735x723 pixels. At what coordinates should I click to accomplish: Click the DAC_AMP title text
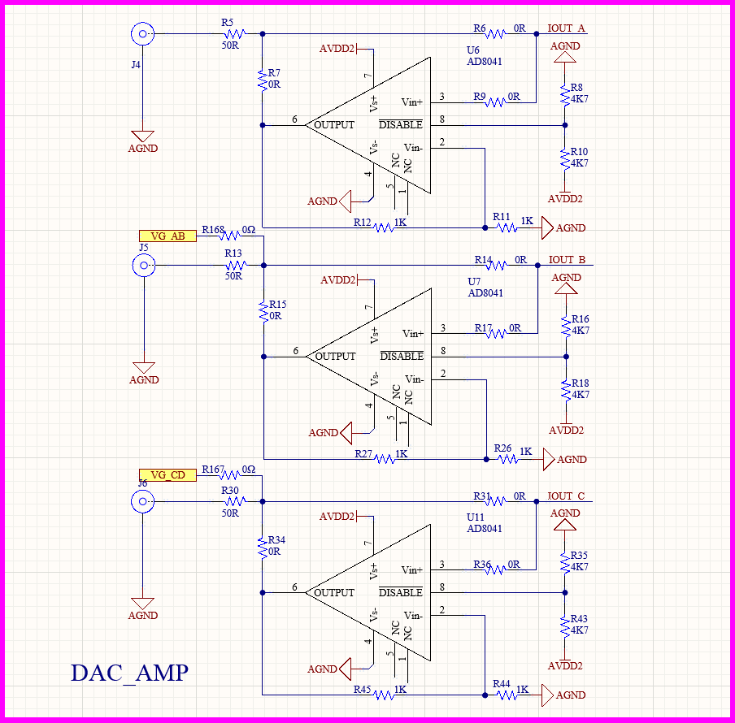pyautogui.click(x=129, y=673)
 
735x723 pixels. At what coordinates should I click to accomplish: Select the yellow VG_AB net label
pyautogui.click(x=167, y=236)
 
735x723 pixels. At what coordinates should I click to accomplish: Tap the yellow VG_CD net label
pyautogui.click(x=167, y=475)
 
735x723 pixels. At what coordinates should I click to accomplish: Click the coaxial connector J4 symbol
pyautogui.click(x=142, y=34)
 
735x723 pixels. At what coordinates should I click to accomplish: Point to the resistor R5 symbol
pyautogui.click(x=234, y=34)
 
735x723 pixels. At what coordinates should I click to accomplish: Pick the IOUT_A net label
pyautogui.click(x=567, y=28)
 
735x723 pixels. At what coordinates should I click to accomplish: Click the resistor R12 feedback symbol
pyautogui.click(x=385, y=228)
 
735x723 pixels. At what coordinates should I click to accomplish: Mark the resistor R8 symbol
pyautogui.click(x=566, y=93)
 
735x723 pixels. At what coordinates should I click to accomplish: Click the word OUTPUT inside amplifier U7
pyautogui.click(x=334, y=357)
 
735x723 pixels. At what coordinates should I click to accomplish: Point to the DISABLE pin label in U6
pyautogui.click(x=402, y=125)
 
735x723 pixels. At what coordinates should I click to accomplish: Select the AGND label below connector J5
pyautogui.click(x=143, y=380)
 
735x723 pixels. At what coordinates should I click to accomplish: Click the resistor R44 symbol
pyautogui.click(x=507, y=695)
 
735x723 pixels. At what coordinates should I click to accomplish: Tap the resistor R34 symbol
pyautogui.click(x=263, y=546)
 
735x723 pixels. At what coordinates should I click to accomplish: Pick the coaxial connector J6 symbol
pyautogui.click(x=143, y=502)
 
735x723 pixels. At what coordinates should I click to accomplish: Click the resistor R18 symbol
pyautogui.click(x=567, y=389)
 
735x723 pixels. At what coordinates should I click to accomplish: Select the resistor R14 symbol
pyautogui.click(x=495, y=266)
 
